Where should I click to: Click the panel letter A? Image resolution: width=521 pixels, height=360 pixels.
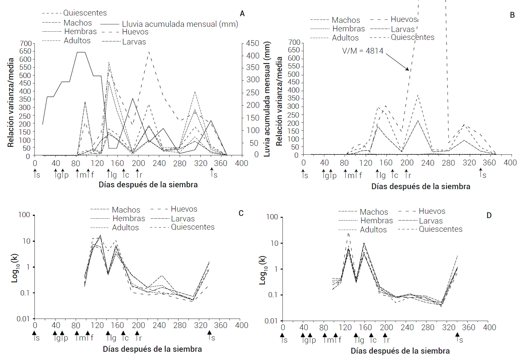242,14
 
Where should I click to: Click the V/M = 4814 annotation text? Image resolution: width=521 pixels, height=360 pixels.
363,51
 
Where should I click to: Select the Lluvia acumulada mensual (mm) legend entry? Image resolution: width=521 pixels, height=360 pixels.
180,24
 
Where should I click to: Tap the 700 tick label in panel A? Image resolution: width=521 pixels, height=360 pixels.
26,44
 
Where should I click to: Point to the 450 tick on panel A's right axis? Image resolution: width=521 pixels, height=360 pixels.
252,44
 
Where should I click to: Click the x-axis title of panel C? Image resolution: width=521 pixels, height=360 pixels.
152,349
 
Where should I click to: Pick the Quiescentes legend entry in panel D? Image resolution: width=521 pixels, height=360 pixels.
440,229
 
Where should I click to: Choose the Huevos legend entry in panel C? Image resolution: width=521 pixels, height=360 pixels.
184,209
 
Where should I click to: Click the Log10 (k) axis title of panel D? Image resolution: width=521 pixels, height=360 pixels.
262,270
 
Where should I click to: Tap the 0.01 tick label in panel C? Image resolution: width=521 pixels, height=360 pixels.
23,319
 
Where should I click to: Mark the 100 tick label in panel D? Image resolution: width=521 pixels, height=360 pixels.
272,217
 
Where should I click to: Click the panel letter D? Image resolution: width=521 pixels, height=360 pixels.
489,216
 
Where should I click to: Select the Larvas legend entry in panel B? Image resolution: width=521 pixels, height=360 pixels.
403,29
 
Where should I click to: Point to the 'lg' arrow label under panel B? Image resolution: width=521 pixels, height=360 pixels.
382,175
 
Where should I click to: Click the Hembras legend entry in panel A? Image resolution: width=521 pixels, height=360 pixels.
80,31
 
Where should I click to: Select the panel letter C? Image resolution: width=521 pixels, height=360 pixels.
241,213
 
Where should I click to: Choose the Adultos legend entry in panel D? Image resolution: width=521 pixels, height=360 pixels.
373,230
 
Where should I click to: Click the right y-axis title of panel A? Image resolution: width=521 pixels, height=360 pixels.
267,99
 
